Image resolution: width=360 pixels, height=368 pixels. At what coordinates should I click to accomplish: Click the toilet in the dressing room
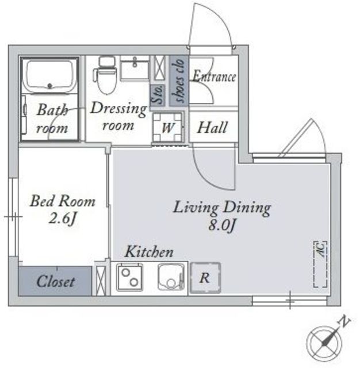[105, 75]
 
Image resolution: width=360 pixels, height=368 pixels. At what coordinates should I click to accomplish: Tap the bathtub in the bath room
[49, 75]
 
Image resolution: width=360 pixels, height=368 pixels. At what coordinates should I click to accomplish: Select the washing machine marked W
[167, 127]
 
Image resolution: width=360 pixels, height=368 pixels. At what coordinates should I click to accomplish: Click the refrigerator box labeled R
[205, 278]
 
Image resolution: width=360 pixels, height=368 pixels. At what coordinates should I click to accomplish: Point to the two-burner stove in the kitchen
[129, 277]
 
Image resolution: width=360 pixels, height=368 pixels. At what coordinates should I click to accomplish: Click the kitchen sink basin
[171, 277]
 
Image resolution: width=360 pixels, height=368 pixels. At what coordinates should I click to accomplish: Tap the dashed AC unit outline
[320, 264]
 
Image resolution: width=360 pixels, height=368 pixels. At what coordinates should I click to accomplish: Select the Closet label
[56, 281]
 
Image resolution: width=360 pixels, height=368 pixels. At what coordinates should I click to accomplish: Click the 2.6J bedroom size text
[63, 219]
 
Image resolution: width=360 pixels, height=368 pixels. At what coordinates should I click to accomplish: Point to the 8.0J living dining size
[222, 226]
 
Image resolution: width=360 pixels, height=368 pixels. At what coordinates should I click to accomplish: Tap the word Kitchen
[150, 252]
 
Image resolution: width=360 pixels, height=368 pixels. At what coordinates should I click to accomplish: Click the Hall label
[212, 128]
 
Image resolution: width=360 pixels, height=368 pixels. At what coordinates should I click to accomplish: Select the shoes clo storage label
[179, 80]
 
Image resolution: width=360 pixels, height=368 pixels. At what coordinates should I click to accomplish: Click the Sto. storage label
[158, 95]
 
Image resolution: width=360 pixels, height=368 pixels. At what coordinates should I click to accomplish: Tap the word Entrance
[214, 76]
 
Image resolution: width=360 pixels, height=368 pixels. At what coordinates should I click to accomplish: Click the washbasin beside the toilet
[135, 68]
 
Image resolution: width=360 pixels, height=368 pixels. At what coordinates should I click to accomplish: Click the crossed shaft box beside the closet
[101, 278]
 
